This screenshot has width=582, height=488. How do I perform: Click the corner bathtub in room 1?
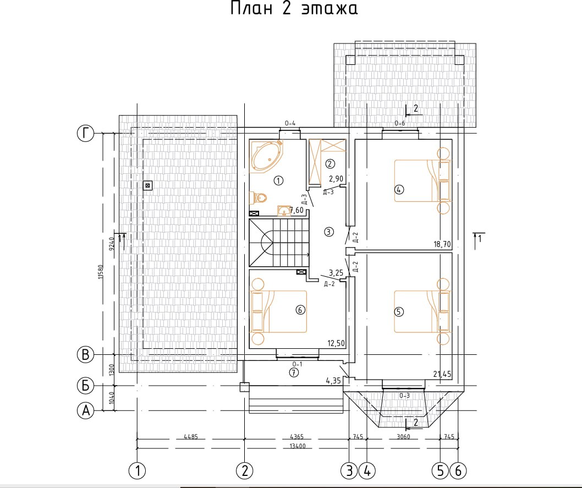click(x=267, y=156)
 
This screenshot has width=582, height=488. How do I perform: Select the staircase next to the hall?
click(x=279, y=243)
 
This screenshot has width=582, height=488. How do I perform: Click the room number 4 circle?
click(x=399, y=190)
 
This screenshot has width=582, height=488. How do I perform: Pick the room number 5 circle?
click(x=399, y=311)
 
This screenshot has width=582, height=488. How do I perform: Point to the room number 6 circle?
click(x=300, y=310)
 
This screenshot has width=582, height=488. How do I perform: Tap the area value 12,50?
click(x=336, y=343)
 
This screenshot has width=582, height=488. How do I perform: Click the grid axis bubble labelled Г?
click(x=85, y=133)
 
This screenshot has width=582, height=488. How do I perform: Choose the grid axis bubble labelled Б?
click(x=85, y=386)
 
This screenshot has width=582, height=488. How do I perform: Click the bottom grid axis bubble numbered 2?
click(x=244, y=470)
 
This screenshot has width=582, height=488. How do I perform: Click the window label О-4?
click(x=290, y=123)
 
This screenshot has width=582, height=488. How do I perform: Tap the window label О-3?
click(x=404, y=396)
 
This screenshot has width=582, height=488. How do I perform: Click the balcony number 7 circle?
click(x=294, y=373)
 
